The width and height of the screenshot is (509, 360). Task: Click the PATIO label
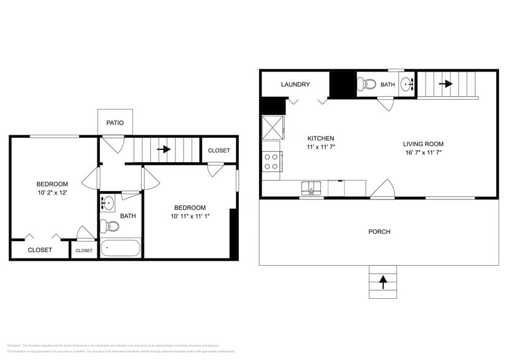115,123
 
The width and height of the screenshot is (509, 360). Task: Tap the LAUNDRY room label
295,84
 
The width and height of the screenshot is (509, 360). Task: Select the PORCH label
379,231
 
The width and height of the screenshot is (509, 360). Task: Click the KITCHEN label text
320,138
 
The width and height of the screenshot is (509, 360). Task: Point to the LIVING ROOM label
423,144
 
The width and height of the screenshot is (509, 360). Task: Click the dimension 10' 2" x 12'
52,192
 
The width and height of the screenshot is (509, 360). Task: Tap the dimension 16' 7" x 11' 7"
423,152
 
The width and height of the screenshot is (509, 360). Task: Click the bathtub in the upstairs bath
121,249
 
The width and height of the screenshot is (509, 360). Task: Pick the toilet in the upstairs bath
110,226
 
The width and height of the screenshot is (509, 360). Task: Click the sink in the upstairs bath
108,202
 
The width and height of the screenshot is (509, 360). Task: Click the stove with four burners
271,162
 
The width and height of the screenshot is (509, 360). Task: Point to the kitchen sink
312,187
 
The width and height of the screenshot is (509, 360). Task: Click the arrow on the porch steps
383,282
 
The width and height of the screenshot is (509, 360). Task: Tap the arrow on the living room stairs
445,84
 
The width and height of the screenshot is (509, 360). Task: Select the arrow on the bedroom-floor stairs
164,149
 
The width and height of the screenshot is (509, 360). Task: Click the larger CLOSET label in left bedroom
40,250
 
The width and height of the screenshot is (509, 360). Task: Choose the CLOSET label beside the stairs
219,151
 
